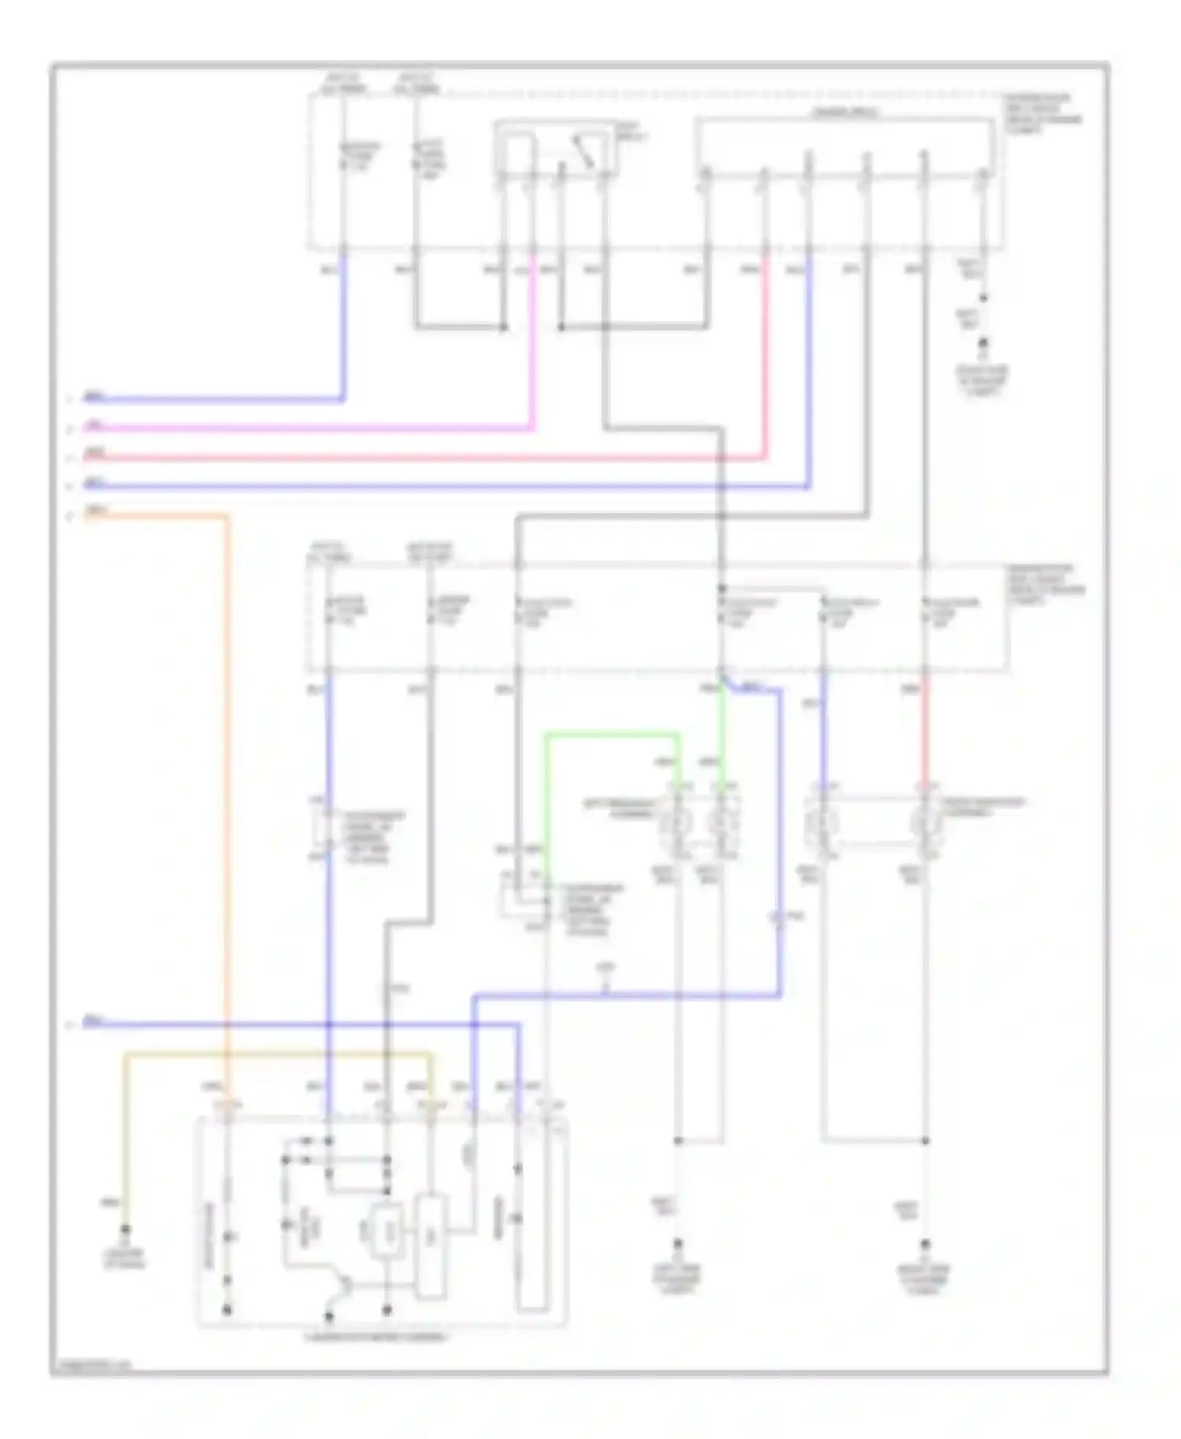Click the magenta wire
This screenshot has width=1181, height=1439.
point(315,428)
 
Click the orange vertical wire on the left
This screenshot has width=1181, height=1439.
point(227,787)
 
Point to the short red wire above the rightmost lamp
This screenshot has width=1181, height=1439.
point(926,732)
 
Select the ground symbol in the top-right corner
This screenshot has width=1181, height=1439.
point(983,345)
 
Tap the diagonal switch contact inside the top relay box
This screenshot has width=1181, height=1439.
point(583,151)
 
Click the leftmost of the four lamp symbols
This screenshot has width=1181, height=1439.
point(676,823)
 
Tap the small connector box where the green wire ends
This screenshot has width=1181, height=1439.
point(524,899)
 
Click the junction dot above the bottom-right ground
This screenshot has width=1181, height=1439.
point(926,1140)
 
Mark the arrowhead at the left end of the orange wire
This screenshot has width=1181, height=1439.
point(71,516)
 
